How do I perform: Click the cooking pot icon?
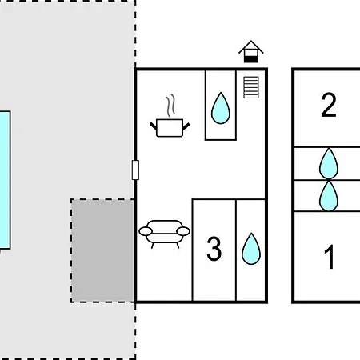coord(170,128)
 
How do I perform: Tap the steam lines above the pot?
coord(170,106)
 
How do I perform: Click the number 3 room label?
coord(214,249)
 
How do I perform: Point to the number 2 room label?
coord(329,105)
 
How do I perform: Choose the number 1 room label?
coord(330,257)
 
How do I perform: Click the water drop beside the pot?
coord(221,108)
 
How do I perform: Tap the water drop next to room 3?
coord(251,249)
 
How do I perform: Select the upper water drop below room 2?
coord(329,163)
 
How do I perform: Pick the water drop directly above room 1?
coord(329,196)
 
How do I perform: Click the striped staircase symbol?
coord(251,87)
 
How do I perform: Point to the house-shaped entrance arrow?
coord(251,52)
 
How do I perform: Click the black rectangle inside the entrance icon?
coord(251,59)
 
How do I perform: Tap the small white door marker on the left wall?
coord(135,170)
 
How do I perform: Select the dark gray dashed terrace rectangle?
coord(102,250)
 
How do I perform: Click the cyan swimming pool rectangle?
coord(5,180)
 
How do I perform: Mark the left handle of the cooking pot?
coord(154,126)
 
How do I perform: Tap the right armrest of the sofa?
coord(183,231)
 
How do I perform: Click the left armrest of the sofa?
coord(146,231)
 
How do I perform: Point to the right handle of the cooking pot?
coord(186,126)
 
